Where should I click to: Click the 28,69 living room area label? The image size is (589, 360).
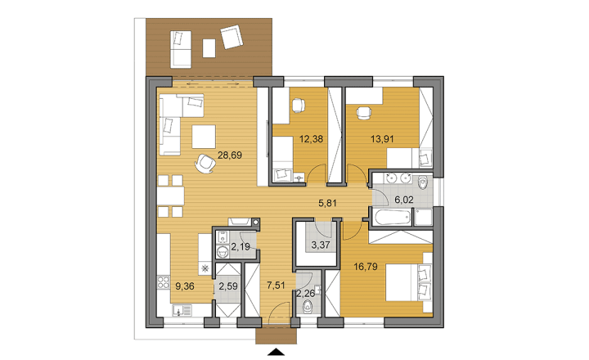[x=230, y=155]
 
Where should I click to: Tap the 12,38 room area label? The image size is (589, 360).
[x=311, y=139]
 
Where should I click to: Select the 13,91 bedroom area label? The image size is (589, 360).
[x=382, y=139]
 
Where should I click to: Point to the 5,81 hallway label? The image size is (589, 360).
[x=327, y=203]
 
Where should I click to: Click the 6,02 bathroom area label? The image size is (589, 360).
[x=404, y=200]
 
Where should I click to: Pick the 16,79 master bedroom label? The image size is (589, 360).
[x=366, y=267]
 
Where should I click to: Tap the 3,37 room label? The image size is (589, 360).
[x=321, y=245]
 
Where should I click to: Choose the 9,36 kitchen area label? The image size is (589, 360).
[x=185, y=286]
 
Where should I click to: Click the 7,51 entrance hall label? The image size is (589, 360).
[x=276, y=286]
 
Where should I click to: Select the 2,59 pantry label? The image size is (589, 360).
[x=228, y=286]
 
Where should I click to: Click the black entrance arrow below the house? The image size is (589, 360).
[x=277, y=352]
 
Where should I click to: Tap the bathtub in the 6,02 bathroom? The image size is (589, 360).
[x=391, y=217]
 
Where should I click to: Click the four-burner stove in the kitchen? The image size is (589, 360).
[x=164, y=282]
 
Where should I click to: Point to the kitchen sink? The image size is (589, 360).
[x=182, y=311]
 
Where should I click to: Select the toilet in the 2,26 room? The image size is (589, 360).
[x=308, y=307]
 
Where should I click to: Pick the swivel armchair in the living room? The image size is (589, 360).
[x=205, y=164]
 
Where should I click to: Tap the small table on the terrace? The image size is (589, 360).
[x=209, y=48]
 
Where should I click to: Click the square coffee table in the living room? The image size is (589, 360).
[x=204, y=137]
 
